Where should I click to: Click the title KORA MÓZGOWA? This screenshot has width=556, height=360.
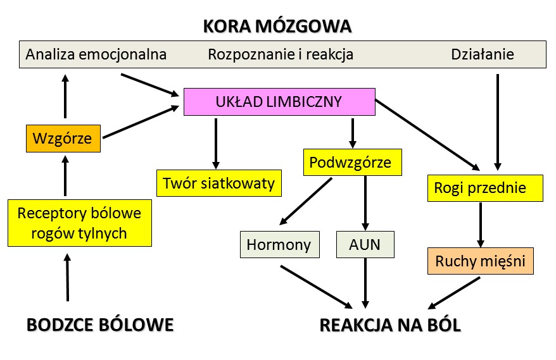click(277, 27)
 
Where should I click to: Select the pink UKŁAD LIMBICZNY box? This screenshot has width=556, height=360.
click(279, 102)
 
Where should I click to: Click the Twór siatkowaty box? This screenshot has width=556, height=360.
click(218, 183)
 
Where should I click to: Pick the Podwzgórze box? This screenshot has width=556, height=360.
click(350, 163)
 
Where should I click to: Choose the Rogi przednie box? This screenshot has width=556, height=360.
click(485, 188)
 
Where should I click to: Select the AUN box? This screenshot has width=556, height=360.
click(365, 244)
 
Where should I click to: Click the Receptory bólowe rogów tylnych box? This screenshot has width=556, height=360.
click(80, 223)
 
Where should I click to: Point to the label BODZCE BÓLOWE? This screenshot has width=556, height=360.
click(100, 325)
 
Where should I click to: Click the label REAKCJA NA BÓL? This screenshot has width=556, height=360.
click(391, 325)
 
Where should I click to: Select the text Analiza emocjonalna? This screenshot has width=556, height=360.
click(96, 54)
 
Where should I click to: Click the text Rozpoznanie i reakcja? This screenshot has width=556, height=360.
click(281, 54)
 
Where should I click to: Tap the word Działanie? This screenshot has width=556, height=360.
click(482, 54)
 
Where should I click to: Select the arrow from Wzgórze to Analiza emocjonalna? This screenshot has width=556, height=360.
click(64, 97)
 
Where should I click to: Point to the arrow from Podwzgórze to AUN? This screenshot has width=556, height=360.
click(365, 202)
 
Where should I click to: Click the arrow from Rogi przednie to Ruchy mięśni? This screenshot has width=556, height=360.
click(481, 225)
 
